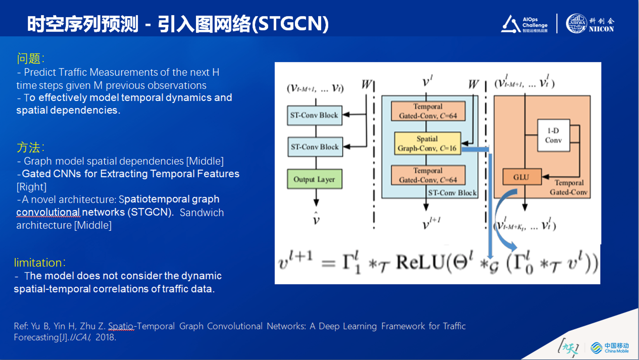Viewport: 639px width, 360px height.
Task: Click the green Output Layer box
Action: (314, 179)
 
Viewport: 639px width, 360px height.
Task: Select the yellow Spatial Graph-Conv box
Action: (427, 143)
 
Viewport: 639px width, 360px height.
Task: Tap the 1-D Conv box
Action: (553, 136)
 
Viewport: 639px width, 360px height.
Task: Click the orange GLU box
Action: (521, 177)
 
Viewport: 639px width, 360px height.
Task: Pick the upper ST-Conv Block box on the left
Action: (314, 115)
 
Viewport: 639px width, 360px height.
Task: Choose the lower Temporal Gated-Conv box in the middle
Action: (428, 175)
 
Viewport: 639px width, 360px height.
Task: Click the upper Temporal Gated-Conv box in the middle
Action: (428, 111)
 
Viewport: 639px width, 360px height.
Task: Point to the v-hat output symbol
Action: (316, 219)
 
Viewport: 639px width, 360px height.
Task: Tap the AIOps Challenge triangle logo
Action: (510, 24)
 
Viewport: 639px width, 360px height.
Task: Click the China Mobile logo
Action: (609, 348)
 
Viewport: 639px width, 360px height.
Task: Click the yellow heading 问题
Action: (29, 58)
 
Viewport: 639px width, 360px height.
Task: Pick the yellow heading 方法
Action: (29, 147)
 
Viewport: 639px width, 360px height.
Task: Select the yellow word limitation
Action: (38, 263)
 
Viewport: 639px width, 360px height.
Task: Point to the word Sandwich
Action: (202, 213)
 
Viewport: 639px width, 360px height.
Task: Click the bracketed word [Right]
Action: (31, 186)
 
